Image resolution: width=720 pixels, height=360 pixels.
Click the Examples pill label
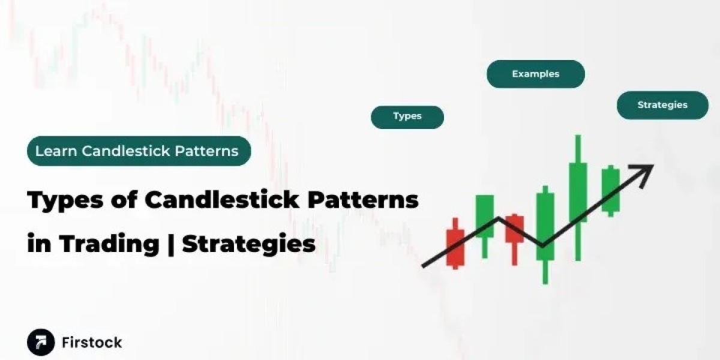pyautogui.click(x=536, y=74)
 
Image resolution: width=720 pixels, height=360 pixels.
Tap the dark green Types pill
pyautogui.click(x=407, y=118)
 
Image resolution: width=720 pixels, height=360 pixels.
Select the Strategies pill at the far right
pyautogui.click(x=662, y=105)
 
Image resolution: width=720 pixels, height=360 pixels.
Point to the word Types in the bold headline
pyautogui.click(x=65, y=200)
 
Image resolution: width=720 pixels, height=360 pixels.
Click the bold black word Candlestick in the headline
pyautogui.click(x=222, y=200)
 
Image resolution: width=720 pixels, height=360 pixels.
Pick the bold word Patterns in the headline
pyautogui.click(x=363, y=200)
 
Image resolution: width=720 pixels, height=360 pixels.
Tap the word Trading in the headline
pyautogui.click(x=109, y=244)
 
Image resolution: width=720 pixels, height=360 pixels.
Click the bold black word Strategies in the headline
pyautogui.click(x=249, y=244)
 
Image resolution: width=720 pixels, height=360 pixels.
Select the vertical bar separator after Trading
pyautogui.click(x=170, y=244)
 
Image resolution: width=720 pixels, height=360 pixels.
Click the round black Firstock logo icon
pyautogui.click(x=41, y=343)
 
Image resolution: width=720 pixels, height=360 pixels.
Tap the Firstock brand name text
pyautogui.click(x=92, y=343)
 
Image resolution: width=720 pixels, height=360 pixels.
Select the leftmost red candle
pyautogui.click(x=455, y=244)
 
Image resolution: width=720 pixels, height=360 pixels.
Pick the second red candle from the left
pyautogui.click(x=515, y=239)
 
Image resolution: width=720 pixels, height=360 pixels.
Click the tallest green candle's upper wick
pyautogui.click(x=578, y=149)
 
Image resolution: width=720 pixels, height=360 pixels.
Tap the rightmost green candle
pyautogui.click(x=611, y=191)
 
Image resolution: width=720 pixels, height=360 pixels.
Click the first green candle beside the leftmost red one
pyautogui.click(x=485, y=226)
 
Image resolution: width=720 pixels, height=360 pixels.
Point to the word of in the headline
pyautogui.click(x=124, y=200)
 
